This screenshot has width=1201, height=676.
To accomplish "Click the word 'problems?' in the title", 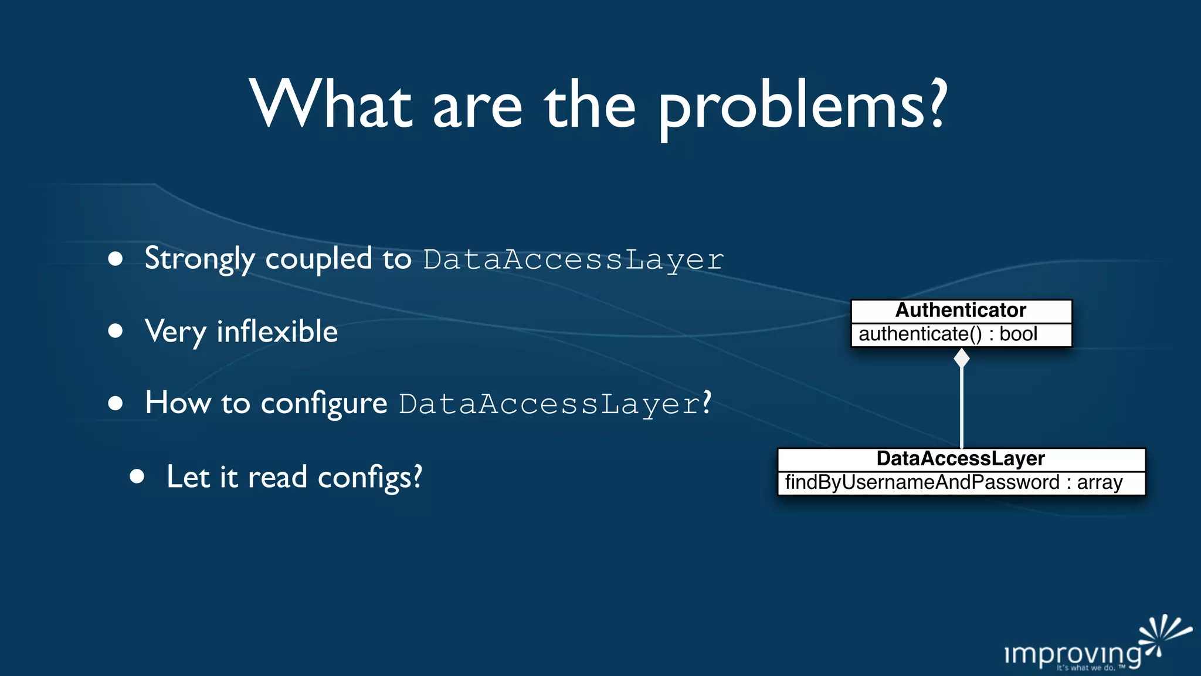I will point(802,107).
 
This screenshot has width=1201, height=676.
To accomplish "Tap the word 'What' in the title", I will point(330,104).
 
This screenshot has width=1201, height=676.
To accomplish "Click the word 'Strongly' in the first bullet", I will point(199,259).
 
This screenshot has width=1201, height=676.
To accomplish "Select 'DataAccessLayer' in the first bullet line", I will point(574,260).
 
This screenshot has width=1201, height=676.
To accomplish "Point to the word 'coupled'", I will point(318,259).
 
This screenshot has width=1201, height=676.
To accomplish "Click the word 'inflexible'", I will point(277,332).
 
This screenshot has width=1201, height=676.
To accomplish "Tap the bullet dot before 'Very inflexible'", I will point(116,331).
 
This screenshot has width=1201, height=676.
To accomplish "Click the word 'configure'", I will point(324,404).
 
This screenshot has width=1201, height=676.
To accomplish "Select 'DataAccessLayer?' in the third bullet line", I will point(555,404).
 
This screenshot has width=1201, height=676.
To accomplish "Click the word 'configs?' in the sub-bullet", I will point(369,477).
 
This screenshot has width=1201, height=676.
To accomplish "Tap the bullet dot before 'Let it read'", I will point(137,476).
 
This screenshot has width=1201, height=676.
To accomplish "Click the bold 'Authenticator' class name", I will point(961,310).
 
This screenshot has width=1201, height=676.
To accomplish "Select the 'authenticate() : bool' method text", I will point(948,334).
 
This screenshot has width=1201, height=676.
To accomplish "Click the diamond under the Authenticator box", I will point(962,357).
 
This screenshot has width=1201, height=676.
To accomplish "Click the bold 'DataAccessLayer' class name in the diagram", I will point(961,459).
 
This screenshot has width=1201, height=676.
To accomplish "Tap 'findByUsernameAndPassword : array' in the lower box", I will point(954,483).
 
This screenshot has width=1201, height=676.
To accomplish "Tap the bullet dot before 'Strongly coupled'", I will point(116,259).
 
